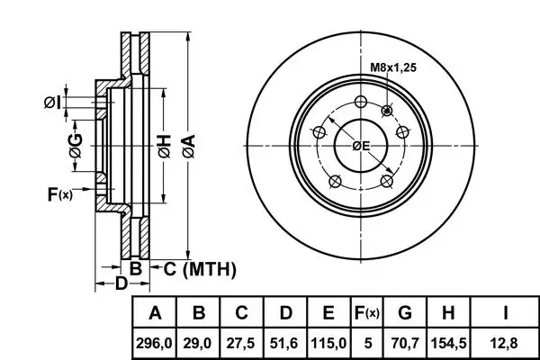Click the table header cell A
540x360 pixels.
click(x=155, y=314)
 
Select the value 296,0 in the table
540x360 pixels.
click(x=155, y=343)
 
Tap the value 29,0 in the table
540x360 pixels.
click(x=200, y=343)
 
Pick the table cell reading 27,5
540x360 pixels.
click(x=242, y=343)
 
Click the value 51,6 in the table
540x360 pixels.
click(x=285, y=343)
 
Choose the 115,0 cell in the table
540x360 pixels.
click(x=328, y=343)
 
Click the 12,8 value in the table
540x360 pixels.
click(x=505, y=343)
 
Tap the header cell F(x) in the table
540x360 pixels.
click(x=366, y=314)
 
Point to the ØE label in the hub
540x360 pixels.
click(x=361, y=147)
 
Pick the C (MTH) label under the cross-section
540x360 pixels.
click(x=199, y=267)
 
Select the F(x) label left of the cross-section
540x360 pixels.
click(x=59, y=193)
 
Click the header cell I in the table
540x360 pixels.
click(x=505, y=314)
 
